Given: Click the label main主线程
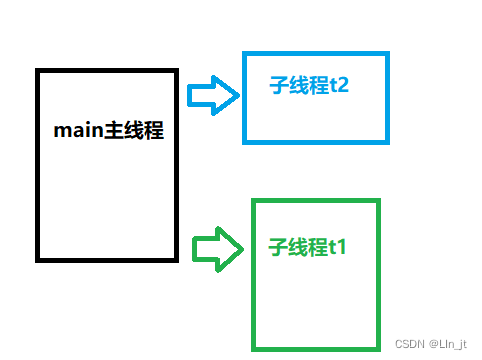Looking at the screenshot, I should (108, 131).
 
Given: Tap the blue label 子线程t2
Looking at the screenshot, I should (309, 85).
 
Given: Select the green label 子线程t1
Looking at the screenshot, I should (308, 245).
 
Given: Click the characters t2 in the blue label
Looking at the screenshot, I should (338, 85).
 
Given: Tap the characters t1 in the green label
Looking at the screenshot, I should (337, 245).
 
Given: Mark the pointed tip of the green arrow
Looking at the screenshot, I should (243, 247).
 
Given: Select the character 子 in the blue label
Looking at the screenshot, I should (279, 85).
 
